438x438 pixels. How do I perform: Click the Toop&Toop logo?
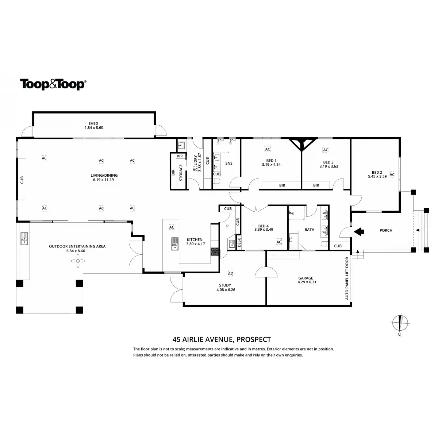tap(53, 84)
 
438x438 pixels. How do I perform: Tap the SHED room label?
tap(93, 123)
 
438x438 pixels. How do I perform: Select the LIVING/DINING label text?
tap(104, 175)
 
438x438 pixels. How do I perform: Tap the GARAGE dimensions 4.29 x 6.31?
tap(307, 282)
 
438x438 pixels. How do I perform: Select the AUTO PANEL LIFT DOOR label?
tap(347, 278)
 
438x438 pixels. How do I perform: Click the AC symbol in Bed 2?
tap(392, 174)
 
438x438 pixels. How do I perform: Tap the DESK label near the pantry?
tap(239, 242)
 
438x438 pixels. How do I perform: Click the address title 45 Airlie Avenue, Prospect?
tap(222, 339)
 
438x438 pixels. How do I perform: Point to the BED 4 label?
tap(264, 225)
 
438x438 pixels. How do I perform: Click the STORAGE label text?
tap(181, 172)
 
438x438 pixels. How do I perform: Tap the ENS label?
tap(229, 163)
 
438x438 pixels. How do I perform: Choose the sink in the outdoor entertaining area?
tap(24, 238)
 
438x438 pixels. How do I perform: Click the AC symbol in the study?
tap(230, 273)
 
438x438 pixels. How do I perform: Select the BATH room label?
tap(309, 230)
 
